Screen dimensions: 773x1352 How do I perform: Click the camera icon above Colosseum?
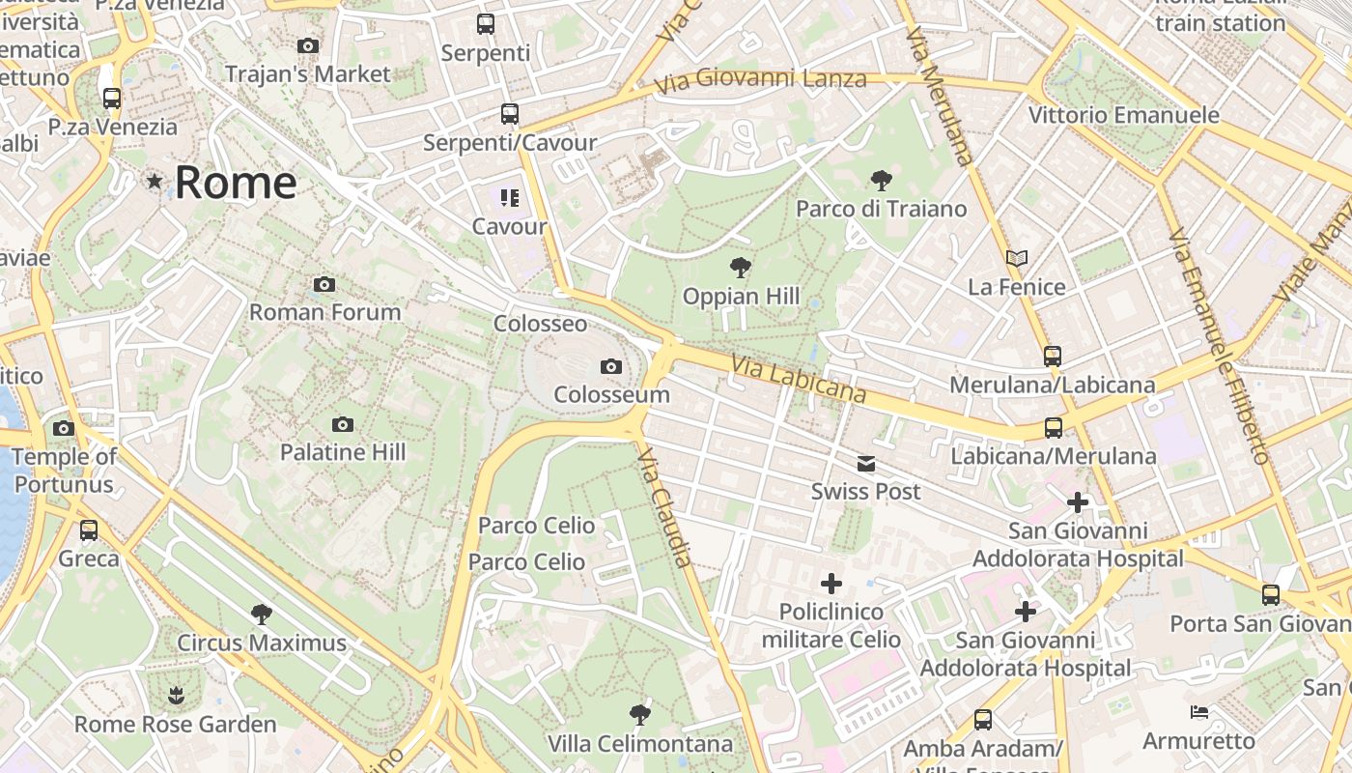[x=610, y=366]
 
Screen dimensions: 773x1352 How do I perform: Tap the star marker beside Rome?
[x=155, y=181]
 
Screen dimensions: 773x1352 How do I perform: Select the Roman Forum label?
[x=324, y=312]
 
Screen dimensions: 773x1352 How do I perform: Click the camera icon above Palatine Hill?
[x=342, y=424]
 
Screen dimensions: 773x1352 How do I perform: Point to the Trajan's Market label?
[x=307, y=73]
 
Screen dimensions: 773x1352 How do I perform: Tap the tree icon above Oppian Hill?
[x=741, y=268]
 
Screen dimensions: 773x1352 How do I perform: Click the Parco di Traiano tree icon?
[x=881, y=180]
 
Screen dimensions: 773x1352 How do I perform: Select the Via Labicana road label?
[x=799, y=379]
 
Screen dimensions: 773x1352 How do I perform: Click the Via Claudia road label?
[x=667, y=511]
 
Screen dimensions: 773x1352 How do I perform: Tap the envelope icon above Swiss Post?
[x=866, y=465]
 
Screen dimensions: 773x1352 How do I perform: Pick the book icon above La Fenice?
[x=1016, y=259]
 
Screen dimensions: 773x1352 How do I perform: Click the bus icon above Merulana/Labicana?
[x=1053, y=357]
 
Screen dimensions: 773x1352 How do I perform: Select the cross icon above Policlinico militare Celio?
[x=831, y=584]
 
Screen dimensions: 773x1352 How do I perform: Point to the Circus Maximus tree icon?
[x=261, y=615]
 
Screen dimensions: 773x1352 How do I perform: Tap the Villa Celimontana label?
[x=639, y=744]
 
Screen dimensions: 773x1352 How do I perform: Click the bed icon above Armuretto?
[x=1198, y=713]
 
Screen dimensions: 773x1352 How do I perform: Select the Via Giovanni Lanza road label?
[x=760, y=79]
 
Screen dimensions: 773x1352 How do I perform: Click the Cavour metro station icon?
[x=509, y=198]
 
